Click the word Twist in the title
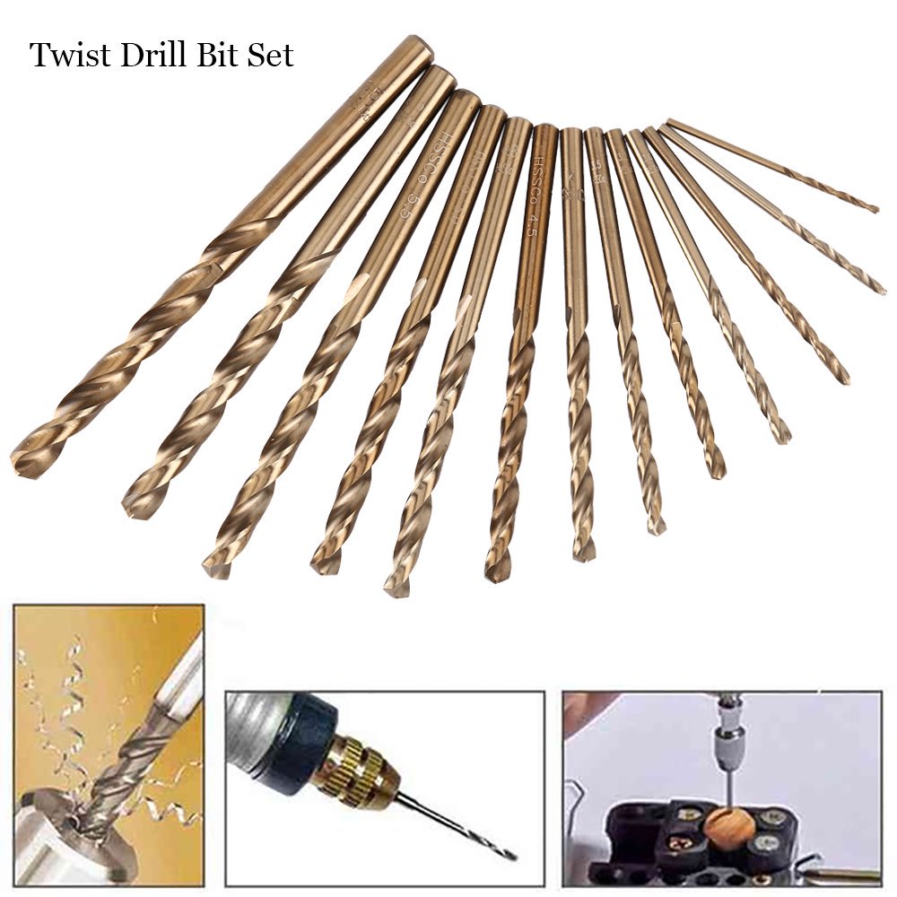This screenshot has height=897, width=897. pos(66,56)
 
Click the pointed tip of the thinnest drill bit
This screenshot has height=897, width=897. pos(875,209)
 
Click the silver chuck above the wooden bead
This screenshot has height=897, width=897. pos(725,745)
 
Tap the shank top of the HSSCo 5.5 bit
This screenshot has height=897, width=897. pos(466,99)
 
